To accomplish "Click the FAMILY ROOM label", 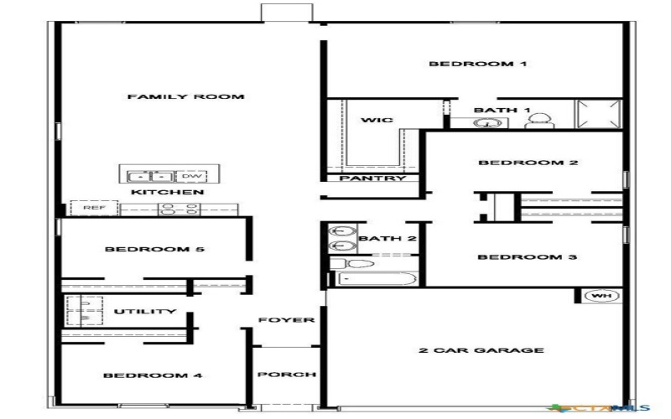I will pos(185,97).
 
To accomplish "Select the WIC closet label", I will pos(377,121).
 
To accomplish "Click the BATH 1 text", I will pos(502,110).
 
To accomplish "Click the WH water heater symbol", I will pos(600,296).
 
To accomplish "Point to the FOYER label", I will pos(286,320).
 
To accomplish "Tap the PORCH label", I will pos(286,375).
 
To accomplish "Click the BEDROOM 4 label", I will pos(153,375).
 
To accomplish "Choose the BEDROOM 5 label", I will pos(155,250).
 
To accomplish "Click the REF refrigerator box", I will pos(88,207).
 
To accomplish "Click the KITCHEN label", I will pos(167,193).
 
